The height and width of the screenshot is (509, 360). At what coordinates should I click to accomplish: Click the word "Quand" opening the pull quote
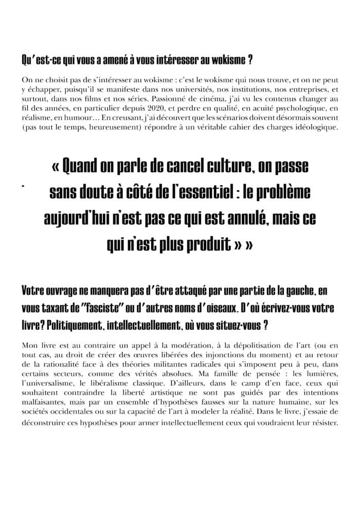[83, 168]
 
